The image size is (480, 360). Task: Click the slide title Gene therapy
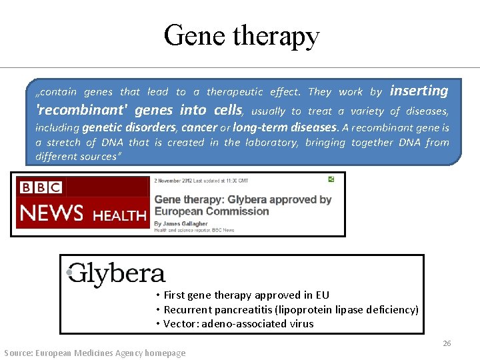click(241, 36)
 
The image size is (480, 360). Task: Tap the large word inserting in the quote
click(419, 91)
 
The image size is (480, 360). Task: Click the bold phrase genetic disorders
click(129, 127)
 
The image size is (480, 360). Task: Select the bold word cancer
click(199, 127)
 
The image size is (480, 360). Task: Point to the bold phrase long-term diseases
click(285, 127)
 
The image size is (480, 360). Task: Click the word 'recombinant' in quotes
click(81, 110)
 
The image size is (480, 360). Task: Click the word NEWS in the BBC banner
click(52, 213)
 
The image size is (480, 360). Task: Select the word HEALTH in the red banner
click(119, 215)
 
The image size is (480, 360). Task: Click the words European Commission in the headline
click(211, 211)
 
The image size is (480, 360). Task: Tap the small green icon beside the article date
click(331, 179)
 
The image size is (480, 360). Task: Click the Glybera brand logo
click(117, 273)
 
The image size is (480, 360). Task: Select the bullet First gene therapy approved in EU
click(246, 295)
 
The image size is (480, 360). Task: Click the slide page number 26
click(447, 343)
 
